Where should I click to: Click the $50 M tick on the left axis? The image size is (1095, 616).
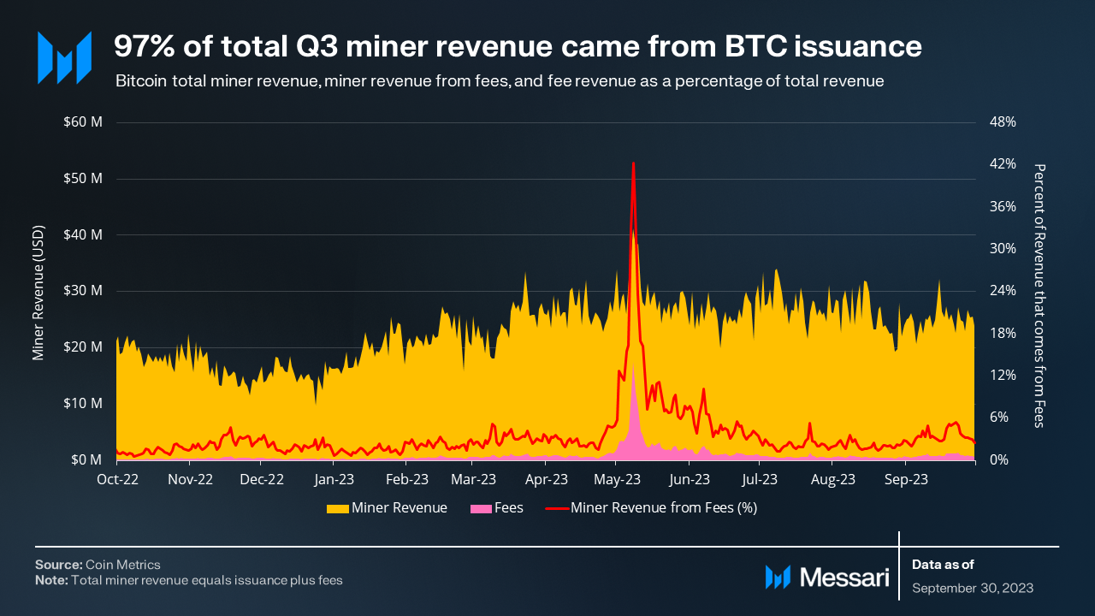83,178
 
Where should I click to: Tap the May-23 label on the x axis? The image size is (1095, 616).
617,479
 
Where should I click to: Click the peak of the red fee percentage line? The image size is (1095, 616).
633,163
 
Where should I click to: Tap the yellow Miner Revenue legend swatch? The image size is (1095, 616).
337,508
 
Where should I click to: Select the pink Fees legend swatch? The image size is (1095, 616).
481,508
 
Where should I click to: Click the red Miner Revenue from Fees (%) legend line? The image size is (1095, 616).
557,508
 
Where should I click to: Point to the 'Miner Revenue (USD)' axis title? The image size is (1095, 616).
38,293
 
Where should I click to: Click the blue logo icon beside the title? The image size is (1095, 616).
64,57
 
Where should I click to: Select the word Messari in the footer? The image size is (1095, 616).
844,577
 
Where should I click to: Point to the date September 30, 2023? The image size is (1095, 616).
973,588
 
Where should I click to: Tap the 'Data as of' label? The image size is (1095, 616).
943,565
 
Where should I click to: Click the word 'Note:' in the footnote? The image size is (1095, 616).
51,580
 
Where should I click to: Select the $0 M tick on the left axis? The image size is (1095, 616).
86,459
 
